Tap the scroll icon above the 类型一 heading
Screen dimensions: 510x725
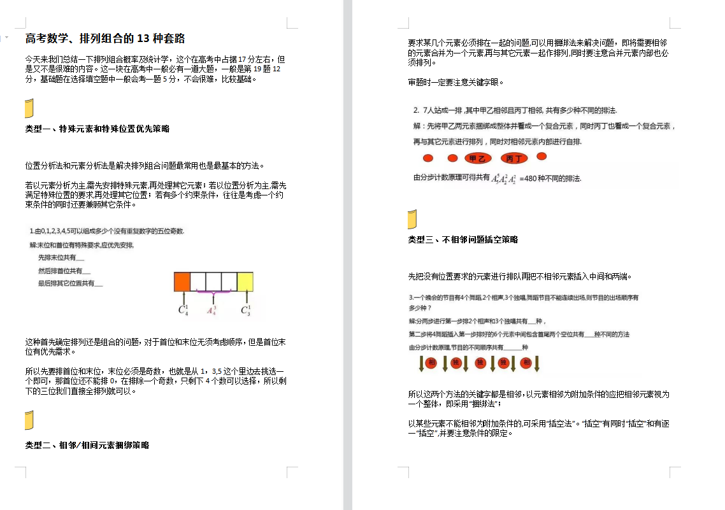click(x=29, y=109)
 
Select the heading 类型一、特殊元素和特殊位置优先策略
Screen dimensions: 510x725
click(x=97, y=129)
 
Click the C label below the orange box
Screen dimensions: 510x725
click(x=183, y=310)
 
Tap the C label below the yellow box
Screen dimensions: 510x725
click(x=245, y=310)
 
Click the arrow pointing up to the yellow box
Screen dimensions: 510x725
click(x=245, y=298)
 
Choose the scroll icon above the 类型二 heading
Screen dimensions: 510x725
click(x=29, y=421)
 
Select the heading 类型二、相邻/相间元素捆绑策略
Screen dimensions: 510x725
click(x=87, y=445)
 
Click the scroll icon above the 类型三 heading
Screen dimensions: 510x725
click(x=412, y=219)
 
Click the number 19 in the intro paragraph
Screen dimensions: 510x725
click(x=257, y=69)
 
